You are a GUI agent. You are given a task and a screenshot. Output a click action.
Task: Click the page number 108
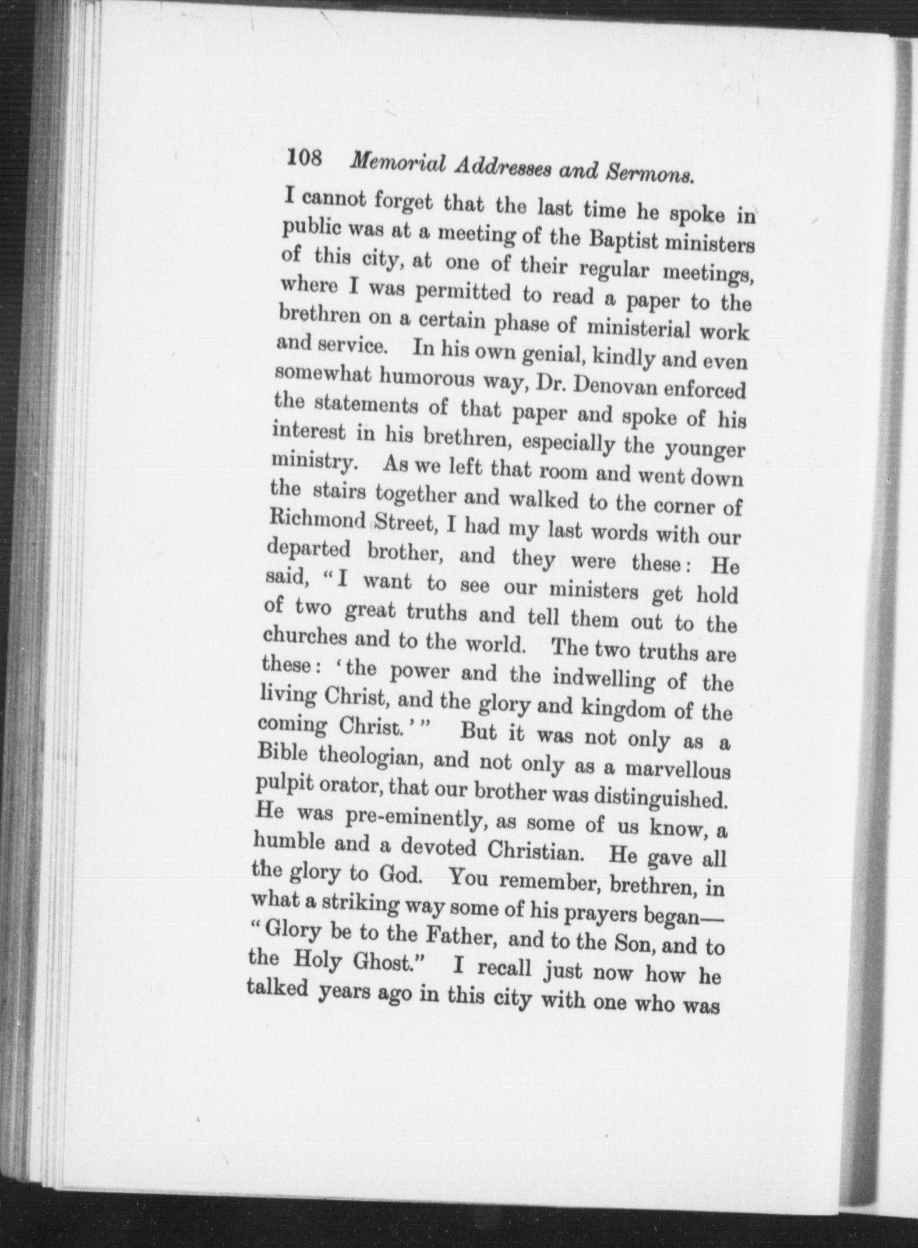304,158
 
